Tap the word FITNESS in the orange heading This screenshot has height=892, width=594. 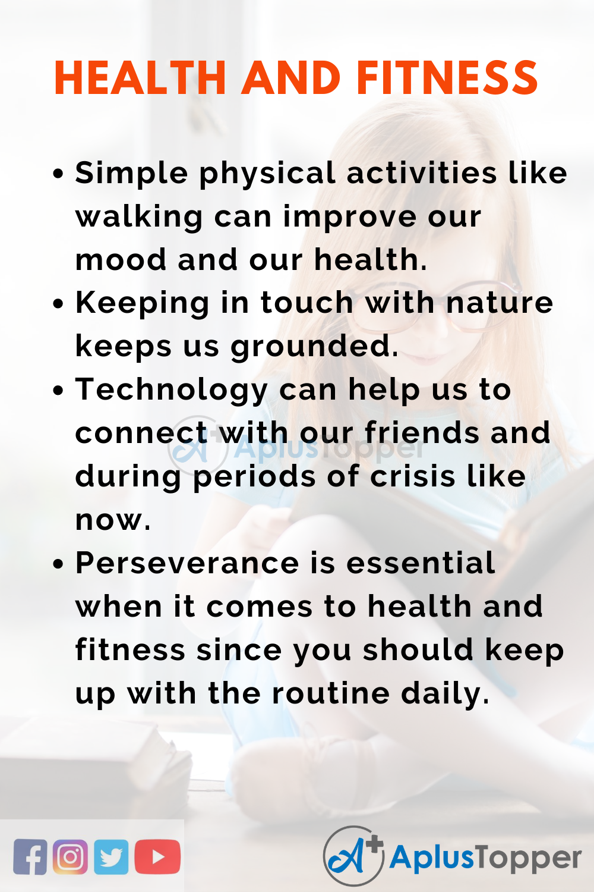[x=447, y=77]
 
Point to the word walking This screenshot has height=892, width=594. [x=139, y=218]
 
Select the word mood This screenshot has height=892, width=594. [x=121, y=260]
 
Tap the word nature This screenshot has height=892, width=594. [x=500, y=303]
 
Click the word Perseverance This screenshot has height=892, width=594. [x=187, y=563]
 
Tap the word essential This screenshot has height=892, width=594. [x=421, y=563]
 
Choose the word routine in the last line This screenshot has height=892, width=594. [x=331, y=693]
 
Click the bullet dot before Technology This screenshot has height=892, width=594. [x=58, y=391]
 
